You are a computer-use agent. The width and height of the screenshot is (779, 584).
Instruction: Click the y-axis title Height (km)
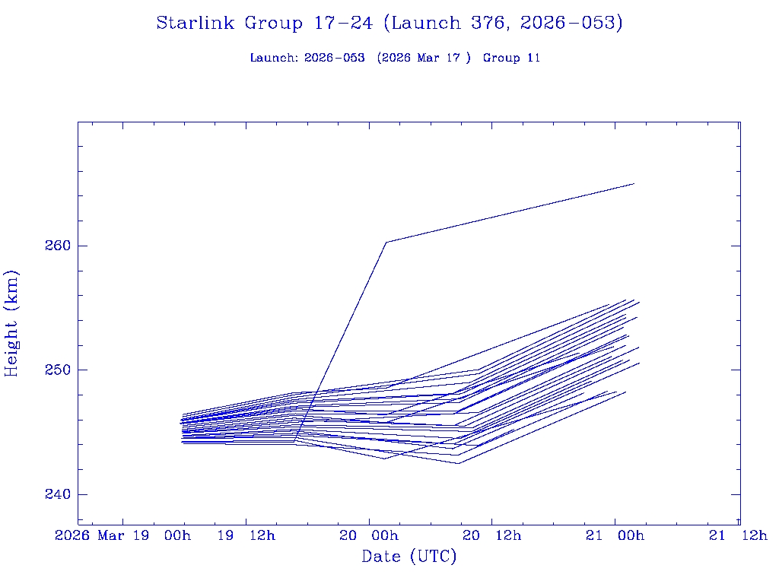pyautogui.click(x=12, y=323)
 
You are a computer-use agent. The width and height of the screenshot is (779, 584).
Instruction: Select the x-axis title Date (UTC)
pyautogui.click(x=409, y=557)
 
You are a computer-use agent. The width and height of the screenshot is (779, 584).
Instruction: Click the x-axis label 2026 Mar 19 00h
pyautogui.click(x=123, y=535)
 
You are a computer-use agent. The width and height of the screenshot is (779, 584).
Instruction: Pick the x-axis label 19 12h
pyautogui.click(x=246, y=535)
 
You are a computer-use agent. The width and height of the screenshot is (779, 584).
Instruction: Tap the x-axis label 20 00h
pyautogui.click(x=369, y=535)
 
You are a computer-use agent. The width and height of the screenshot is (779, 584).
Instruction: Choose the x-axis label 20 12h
pyautogui.click(x=492, y=535)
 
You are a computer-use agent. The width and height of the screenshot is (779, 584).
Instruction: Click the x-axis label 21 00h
pyautogui.click(x=615, y=535)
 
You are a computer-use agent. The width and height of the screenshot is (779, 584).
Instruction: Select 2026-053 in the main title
pyautogui.click(x=571, y=24)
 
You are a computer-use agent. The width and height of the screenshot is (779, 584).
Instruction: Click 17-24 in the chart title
pyautogui.click(x=342, y=24)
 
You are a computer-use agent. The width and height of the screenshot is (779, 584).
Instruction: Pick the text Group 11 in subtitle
pyautogui.click(x=511, y=58)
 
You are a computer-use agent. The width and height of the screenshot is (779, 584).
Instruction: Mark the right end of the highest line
pyautogui.click(x=634, y=184)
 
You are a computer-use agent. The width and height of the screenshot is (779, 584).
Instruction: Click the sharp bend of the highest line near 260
pyautogui.click(x=386, y=242)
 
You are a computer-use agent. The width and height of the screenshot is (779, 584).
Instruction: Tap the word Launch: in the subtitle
pyautogui.click(x=274, y=58)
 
